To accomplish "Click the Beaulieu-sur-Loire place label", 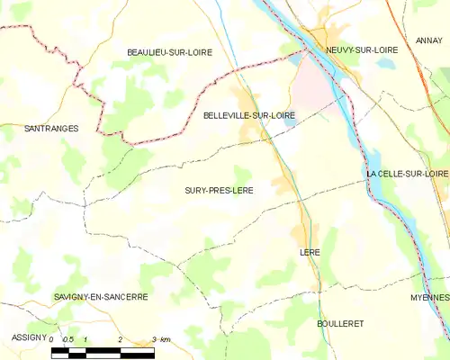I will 169,53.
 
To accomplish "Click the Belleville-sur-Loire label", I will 249,115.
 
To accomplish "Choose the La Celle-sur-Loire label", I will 408,173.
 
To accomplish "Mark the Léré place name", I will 310,253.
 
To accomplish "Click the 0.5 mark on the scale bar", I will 68,339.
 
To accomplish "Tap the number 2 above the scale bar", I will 120,339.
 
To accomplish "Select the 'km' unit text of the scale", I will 164,339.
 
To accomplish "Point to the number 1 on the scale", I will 85,339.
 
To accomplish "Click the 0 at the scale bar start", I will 52,339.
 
